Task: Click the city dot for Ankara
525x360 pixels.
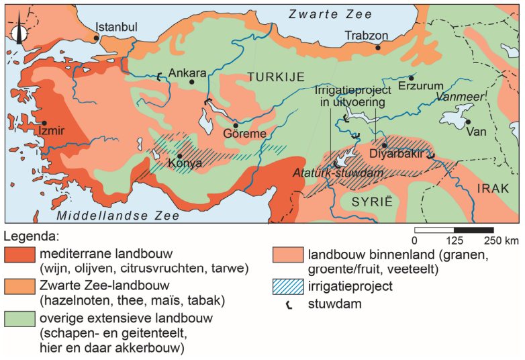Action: click(191, 82)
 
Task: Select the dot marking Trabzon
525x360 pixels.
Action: click(379, 48)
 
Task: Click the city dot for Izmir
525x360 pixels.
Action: click(44, 123)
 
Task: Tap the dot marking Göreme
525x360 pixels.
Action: click(236, 125)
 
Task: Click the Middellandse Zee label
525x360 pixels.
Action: click(118, 216)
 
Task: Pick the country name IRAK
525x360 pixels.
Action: click(492, 189)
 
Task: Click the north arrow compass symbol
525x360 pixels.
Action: click(20, 32)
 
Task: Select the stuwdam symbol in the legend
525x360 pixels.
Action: click(288, 304)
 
